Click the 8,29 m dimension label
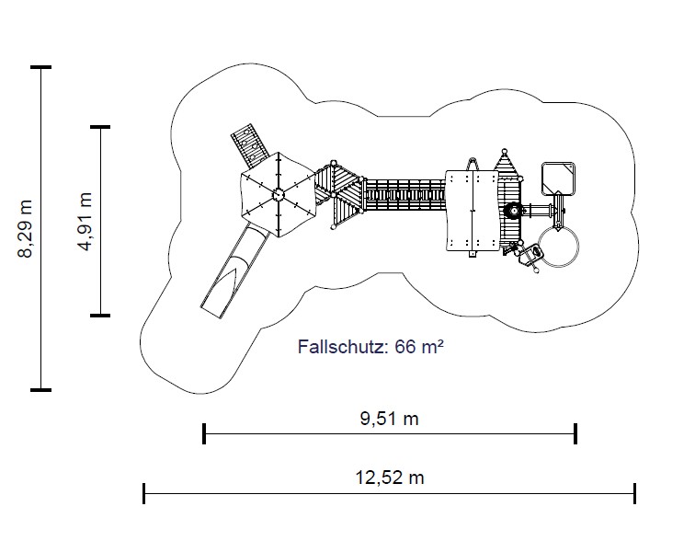pos(25,229)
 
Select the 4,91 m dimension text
pos(85,222)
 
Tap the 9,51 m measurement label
pos(389,418)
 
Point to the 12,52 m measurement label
pos(390,478)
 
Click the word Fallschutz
pos(340,346)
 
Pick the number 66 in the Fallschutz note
pos(405,346)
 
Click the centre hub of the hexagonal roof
pos(278,194)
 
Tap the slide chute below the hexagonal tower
pos(234,270)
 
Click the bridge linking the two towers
pos(404,195)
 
